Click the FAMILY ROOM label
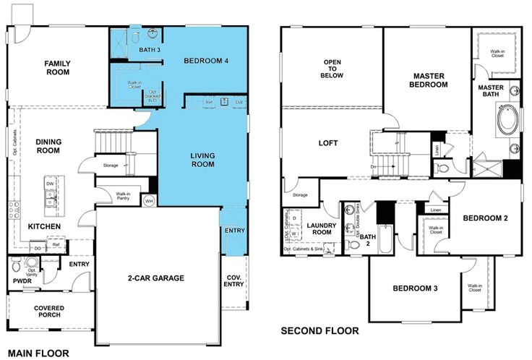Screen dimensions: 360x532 [57, 67]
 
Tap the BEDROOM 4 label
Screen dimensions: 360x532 [206, 61]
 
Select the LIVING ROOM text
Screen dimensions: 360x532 [202, 160]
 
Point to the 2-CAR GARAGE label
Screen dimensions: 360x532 [157, 278]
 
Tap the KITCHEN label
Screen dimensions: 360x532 [45, 226]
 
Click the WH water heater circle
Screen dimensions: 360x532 [150, 200]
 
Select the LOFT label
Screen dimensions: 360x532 [328, 142]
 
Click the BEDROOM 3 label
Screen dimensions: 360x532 [415, 288]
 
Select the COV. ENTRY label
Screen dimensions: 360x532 [233, 280]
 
